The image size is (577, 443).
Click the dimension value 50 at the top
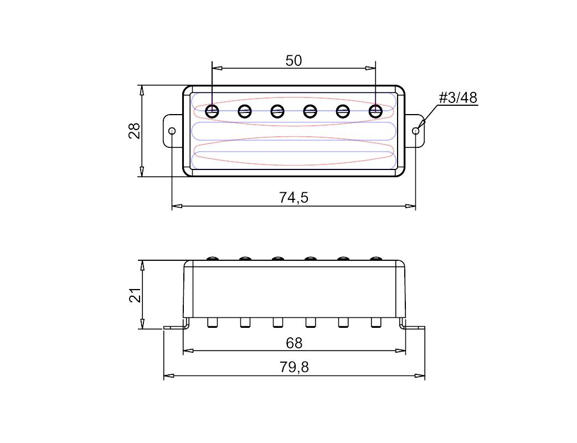293,61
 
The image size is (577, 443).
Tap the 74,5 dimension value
293,198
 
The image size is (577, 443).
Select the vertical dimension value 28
135,131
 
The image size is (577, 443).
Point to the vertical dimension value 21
135,295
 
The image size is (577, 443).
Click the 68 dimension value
294,343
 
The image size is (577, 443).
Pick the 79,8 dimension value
294,367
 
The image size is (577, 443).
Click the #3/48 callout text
458,98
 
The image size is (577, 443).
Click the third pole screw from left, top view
277,111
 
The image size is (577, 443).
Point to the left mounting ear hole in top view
172,131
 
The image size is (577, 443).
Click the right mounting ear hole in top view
415,131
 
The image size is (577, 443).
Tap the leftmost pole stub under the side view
212,323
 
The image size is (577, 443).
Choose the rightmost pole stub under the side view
375,323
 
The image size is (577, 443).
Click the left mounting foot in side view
177,327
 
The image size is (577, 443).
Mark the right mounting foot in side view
412,327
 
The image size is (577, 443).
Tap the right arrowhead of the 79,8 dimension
420,375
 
